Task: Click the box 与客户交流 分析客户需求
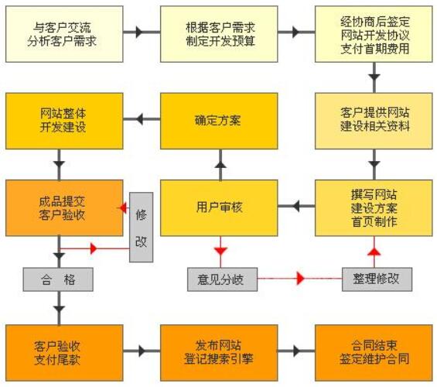pos(64,34)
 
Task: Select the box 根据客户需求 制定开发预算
pos(219,34)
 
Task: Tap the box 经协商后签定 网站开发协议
pos(374,34)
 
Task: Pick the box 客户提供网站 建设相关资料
pos(374,120)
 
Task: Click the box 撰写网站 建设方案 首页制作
pos(374,207)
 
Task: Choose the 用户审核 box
pos(219,207)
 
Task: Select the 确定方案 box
pos(219,120)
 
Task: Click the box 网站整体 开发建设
pos(64,120)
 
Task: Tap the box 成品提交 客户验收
pos(64,207)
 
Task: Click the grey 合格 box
pos(58,279)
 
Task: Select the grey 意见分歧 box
pos(220,279)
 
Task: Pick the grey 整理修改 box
pos(377,279)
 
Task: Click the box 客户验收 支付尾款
pos(64,351)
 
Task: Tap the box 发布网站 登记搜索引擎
pos(219,351)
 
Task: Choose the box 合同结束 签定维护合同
pos(374,351)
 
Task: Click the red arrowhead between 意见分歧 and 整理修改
pos(301,279)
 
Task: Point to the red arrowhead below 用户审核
pos(220,250)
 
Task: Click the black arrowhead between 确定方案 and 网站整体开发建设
pos(140,120)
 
